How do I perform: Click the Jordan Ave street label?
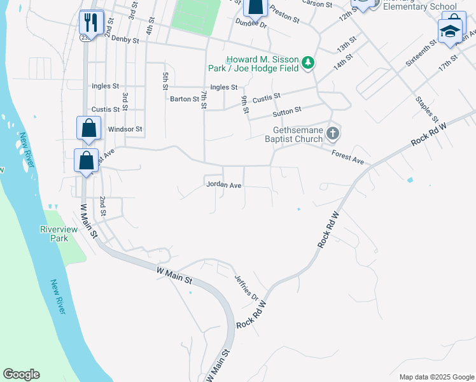point(223,185)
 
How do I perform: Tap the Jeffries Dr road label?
point(247,288)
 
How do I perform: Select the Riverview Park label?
point(59,234)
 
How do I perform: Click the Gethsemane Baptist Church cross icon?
point(332,134)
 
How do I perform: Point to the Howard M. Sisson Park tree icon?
point(308,62)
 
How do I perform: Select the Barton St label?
point(185,99)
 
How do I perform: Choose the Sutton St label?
point(286,112)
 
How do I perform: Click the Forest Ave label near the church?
point(348,157)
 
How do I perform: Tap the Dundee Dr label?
point(250,23)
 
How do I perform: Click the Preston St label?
point(284,14)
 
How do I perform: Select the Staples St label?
point(426,109)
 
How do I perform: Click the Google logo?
point(21,374)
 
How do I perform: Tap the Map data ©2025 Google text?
point(437,377)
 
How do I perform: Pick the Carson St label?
point(317,4)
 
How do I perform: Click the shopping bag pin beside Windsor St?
point(88,128)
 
